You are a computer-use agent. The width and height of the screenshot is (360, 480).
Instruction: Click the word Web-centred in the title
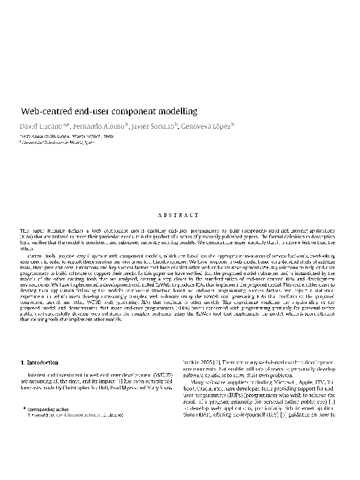click(44, 112)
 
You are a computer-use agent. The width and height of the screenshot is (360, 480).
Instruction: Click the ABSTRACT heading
click(180, 215)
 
